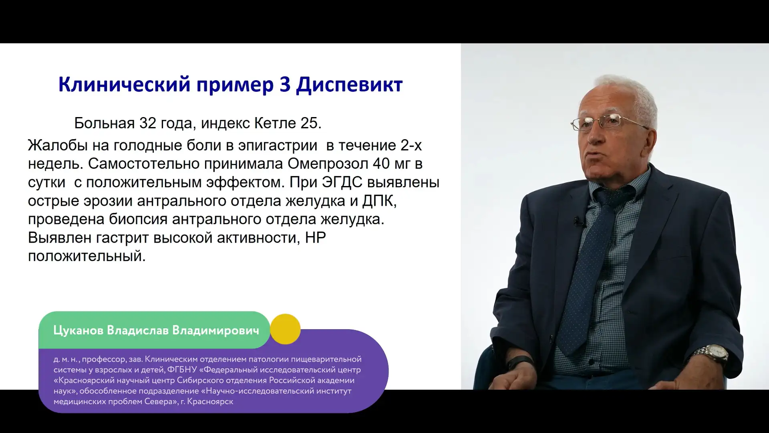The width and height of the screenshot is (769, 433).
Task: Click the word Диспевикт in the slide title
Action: point(349,85)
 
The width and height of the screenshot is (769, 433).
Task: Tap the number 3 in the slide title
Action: point(285,84)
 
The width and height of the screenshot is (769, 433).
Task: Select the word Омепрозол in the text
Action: point(328,164)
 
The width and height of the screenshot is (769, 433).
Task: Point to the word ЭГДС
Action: point(342,182)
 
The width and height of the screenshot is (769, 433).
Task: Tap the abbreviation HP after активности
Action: point(316,238)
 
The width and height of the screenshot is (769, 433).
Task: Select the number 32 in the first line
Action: point(148,123)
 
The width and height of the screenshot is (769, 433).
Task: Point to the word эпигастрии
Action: point(278,145)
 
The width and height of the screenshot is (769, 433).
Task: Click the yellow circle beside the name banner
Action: point(285,329)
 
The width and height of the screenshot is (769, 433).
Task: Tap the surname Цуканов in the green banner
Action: point(78,331)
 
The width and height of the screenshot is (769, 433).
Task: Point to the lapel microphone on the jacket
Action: point(578,221)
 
